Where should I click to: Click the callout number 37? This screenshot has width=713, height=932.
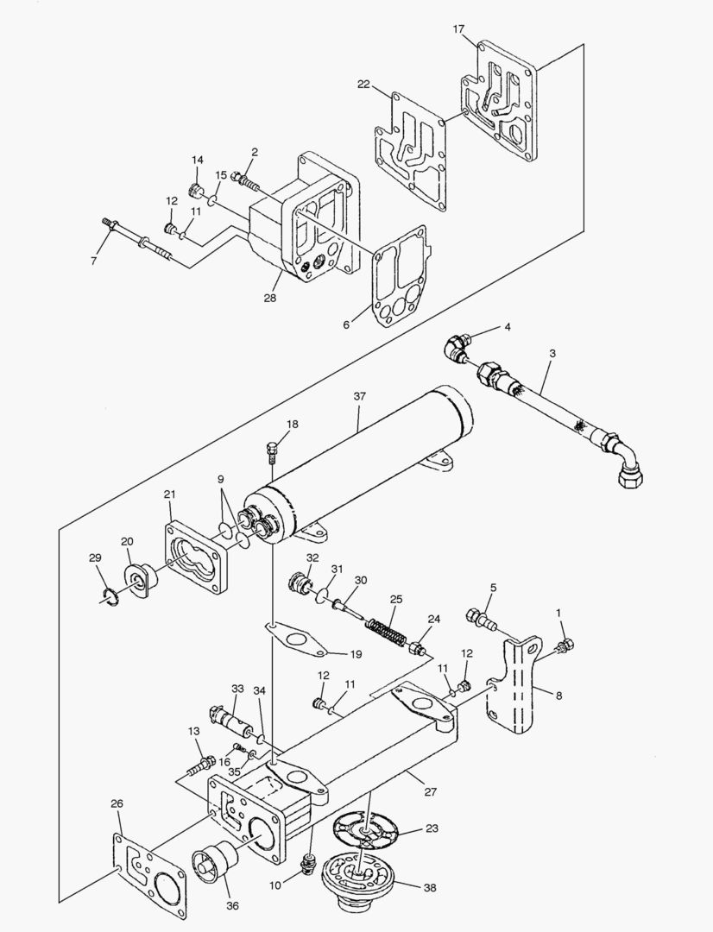(359, 396)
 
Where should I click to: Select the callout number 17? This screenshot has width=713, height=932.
(458, 29)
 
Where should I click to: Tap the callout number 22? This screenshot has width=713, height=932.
(363, 84)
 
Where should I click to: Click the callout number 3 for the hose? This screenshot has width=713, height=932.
(552, 355)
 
